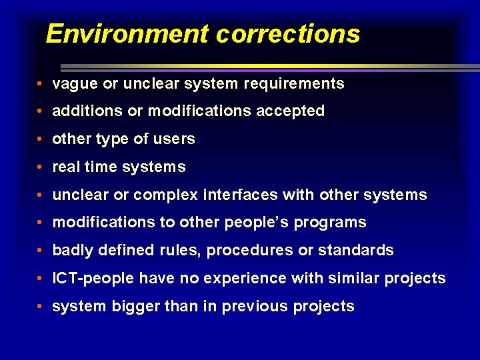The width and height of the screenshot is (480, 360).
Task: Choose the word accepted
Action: [x=292, y=111]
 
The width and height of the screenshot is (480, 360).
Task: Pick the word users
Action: [x=177, y=139]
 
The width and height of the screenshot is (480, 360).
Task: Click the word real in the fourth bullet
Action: [x=65, y=167]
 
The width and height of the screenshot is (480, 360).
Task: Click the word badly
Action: [x=73, y=251]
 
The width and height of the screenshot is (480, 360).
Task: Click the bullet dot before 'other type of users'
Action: [x=41, y=140]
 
